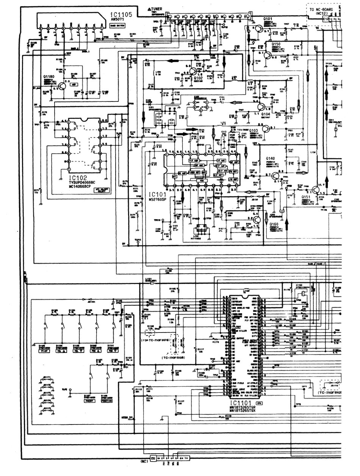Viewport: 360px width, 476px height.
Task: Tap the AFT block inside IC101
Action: [175, 176]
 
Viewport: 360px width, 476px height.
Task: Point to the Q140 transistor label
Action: [270, 158]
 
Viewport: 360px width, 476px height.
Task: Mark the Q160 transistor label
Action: [274, 224]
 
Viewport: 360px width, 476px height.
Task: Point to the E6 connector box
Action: [153, 458]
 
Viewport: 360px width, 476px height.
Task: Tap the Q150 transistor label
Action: [276, 44]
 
